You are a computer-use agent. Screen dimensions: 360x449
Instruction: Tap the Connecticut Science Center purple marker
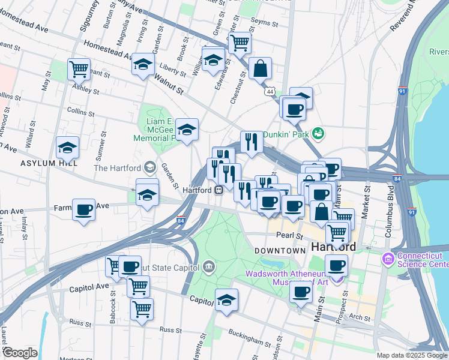point(388,259)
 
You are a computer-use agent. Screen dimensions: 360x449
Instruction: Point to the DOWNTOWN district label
point(280,250)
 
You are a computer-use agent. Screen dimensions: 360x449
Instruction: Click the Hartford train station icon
point(219,190)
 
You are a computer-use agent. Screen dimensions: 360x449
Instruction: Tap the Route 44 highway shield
point(271,91)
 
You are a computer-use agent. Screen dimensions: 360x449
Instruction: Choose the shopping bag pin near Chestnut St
point(261,69)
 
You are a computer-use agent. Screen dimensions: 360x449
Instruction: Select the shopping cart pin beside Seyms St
point(240,43)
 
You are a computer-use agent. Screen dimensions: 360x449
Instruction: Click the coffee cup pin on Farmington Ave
point(84,210)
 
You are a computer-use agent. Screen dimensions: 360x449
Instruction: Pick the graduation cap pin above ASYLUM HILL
point(68,147)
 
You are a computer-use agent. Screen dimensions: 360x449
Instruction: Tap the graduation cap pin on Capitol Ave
point(226,300)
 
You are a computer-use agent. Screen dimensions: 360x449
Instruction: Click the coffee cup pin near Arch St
point(301,292)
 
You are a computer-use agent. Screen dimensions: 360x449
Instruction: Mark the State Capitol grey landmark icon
point(209,265)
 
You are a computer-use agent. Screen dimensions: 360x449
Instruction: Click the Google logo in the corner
point(20,353)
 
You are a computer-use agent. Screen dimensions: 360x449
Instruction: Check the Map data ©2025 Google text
point(411,355)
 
